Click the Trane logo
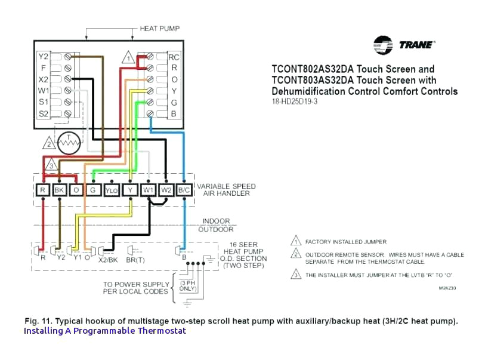404,45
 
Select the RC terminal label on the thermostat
174,57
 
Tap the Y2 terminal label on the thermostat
43,56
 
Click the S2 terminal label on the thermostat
43,113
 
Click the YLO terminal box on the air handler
112,190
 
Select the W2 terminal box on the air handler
166,190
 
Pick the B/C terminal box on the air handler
184,190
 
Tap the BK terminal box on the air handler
59,190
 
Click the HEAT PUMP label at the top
159,29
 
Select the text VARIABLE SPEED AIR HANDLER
226,190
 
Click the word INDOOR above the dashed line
216,221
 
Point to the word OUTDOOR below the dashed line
216,230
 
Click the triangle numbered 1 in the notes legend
295,242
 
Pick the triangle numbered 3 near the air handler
52,165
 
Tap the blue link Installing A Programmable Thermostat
105,331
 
